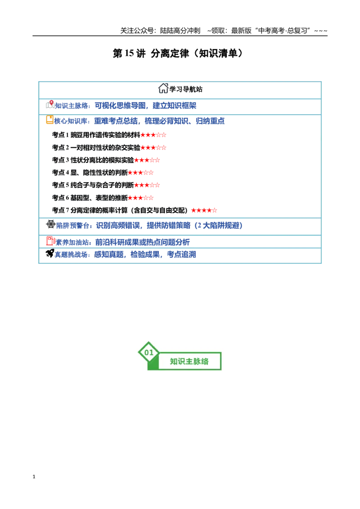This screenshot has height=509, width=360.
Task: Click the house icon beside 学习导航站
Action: pyautogui.click(x=163, y=88)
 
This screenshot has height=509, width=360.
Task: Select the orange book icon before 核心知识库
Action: pyautogui.click(x=49, y=120)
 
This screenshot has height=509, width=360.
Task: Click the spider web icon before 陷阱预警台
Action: pyautogui.click(x=51, y=224)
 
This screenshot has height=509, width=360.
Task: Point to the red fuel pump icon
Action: pyautogui.click(x=51, y=241)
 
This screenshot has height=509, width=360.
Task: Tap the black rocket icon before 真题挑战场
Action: pyautogui.click(x=49, y=253)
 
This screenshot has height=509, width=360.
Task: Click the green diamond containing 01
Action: pyautogui.click(x=148, y=352)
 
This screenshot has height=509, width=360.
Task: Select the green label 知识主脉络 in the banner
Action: pyautogui.click(x=189, y=362)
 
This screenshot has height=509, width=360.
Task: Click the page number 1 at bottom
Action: pyautogui.click(x=34, y=477)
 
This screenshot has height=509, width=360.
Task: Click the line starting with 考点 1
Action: pyautogui.click(x=109, y=135)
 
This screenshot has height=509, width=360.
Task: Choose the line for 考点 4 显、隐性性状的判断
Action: pyautogui.click(x=103, y=173)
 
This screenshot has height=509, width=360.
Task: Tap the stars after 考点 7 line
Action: pyautogui.click(x=204, y=210)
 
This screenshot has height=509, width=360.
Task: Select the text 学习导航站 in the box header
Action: pyautogui.click(x=186, y=89)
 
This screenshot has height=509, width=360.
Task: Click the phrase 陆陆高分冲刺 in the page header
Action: pyautogui.click(x=180, y=31)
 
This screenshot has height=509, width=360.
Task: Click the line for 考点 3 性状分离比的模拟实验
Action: pyautogui.click(x=106, y=160)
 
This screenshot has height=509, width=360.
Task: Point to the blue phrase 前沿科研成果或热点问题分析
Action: pyautogui.click(x=142, y=242)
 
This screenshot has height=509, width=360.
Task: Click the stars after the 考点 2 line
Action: pyautogui.click(x=153, y=147)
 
